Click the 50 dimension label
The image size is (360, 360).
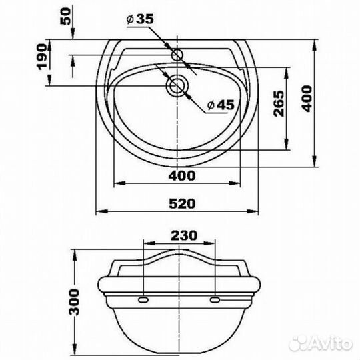(x=65, y=16)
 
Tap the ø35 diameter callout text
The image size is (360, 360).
(x=140, y=19)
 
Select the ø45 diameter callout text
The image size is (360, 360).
(x=221, y=105)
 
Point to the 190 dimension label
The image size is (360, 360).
(x=41, y=57)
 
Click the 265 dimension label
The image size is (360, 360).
(x=279, y=103)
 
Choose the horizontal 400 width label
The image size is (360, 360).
(x=182, y=176)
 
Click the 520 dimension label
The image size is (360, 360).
(x=182, y=203)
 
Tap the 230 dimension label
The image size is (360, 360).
(x=184, y=235)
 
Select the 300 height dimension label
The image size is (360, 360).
(x=74, y=302)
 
